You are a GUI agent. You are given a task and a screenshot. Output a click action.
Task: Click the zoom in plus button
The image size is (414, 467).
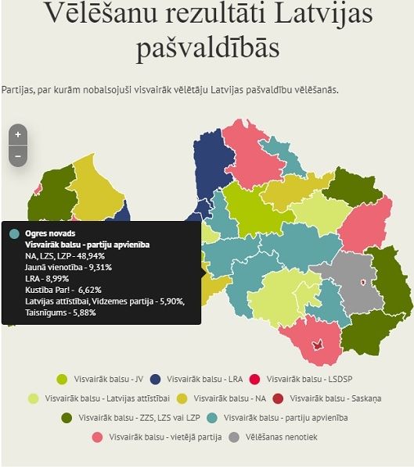point(17,134)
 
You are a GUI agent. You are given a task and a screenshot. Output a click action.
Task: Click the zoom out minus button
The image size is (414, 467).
point(17,156)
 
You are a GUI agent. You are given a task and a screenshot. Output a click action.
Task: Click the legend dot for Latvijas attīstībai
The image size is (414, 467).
point(33,398)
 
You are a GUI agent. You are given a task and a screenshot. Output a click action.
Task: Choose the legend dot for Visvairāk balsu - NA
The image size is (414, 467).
point(182,398)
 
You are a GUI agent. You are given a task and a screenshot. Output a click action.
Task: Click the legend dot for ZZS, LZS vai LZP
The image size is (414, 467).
point(67,418)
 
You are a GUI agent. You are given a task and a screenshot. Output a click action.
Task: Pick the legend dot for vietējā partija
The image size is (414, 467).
point(97,437)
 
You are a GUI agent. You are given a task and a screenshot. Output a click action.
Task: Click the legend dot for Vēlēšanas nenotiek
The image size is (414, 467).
point(233,437)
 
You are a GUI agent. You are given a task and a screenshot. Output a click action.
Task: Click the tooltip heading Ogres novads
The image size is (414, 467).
point(50,233)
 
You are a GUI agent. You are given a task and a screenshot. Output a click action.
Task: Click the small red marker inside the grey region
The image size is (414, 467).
point(362,283)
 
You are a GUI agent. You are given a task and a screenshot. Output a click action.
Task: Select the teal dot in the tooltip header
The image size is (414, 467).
point(14,233)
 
